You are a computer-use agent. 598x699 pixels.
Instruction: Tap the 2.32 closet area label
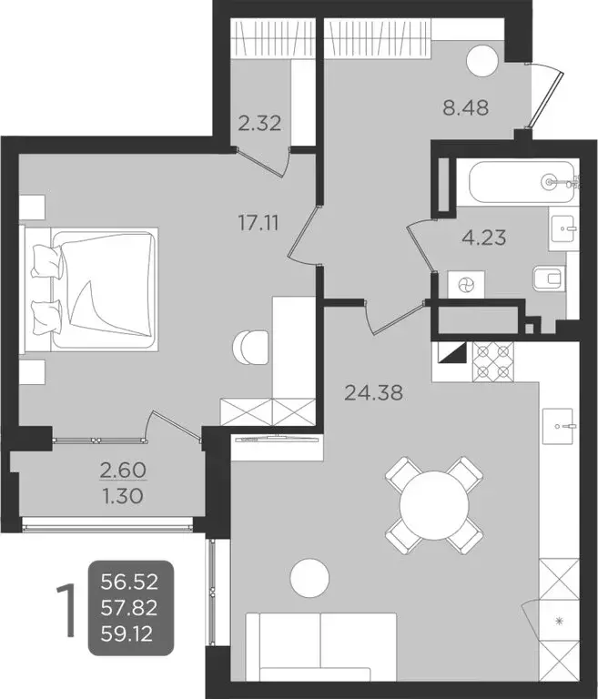tap(258, 123)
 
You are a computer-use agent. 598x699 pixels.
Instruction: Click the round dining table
tap(432, 503)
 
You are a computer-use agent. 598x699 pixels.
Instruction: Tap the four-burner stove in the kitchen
tap(492, 361)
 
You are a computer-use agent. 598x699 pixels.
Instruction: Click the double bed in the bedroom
tap(95, 289)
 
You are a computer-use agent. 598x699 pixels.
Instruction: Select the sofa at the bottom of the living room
tap(321, 644)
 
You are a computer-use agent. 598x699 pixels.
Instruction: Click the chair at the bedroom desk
tap(250, 346)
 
